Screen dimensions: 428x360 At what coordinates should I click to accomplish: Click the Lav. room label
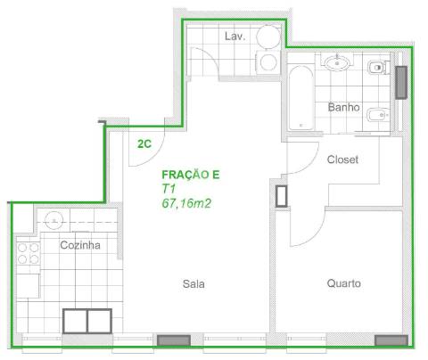tap(235, 37)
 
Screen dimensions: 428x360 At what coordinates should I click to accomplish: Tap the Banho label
tap(343, 107)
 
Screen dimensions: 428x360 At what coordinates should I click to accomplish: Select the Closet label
tap(342, 160)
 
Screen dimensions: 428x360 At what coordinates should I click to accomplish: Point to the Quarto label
tap(344, 283)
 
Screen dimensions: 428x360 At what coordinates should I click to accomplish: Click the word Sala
tap(193, 283)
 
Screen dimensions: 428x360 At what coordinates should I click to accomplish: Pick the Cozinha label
tap(80, 245)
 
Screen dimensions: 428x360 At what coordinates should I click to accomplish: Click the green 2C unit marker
tap(144, 143)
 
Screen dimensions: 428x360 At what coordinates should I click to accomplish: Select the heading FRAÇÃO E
tap(191, 175)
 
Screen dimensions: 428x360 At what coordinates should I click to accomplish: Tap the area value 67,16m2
tap(186, 203)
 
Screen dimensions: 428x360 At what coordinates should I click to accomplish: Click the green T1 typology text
tap(169, 189)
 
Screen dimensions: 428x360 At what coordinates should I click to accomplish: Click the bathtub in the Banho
tap(300, 98)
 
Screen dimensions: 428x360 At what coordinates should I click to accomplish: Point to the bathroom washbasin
tap(337, 62)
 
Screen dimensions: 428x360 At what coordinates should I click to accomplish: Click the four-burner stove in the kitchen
tap(29, 253)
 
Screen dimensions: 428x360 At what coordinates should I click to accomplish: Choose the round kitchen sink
tap(54, 220)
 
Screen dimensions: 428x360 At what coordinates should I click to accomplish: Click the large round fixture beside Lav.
tap(268, 37)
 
